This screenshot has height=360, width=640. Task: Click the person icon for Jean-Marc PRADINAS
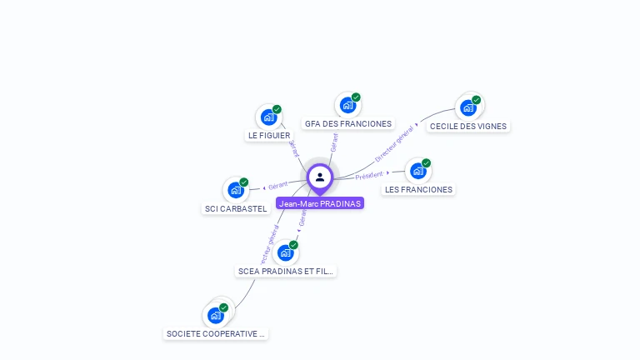pos(320,177)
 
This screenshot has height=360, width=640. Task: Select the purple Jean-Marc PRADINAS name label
pos(320,203)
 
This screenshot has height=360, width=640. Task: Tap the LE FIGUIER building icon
pos(268,117)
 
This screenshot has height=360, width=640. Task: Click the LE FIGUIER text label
pos(269,135)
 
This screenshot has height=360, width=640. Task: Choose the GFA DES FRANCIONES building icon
pos(347,105)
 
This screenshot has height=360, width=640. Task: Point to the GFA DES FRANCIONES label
pos(347,124)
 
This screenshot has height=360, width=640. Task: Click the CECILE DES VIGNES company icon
pos(468,107)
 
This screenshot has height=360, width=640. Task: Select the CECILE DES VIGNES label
pos(467,127)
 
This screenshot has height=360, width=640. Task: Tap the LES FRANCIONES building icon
pos(418,171)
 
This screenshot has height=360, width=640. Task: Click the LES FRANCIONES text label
pos(418,190)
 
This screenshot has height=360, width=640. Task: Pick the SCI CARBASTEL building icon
pos(236,190)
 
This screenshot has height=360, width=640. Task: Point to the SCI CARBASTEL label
pos(236,209)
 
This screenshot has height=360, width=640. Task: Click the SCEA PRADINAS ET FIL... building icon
pos(286,252)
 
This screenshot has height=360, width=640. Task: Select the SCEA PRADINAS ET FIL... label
pos(286,271)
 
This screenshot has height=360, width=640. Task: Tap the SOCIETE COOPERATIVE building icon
pos(216,315)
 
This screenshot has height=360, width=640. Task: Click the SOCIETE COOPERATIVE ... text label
pos(216,334)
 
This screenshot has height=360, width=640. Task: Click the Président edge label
pos(369,175)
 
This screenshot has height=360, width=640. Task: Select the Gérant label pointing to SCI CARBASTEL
pos(277,185)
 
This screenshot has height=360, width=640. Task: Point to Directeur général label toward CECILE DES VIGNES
pos(394,143)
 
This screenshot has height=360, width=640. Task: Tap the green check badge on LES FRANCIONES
pos(426,163)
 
